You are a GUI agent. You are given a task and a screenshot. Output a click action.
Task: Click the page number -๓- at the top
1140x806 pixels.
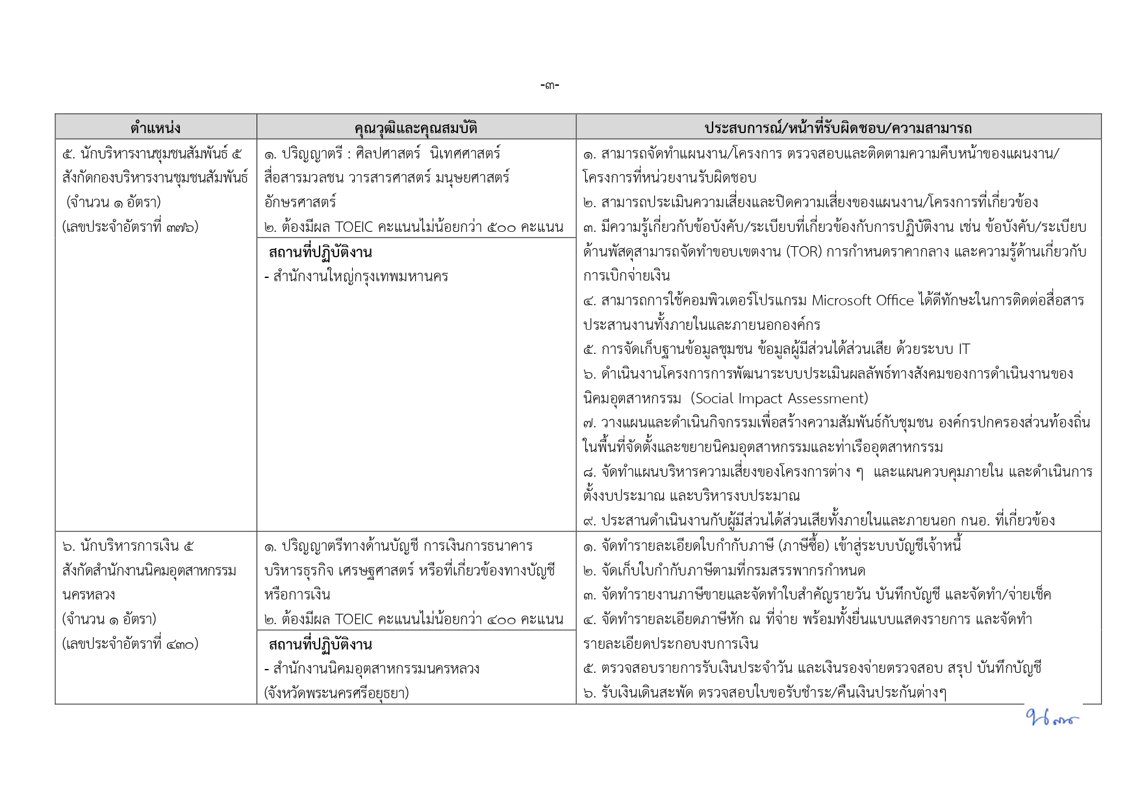pos(550,85)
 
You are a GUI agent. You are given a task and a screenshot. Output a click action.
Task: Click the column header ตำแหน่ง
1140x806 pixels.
pos(155,127)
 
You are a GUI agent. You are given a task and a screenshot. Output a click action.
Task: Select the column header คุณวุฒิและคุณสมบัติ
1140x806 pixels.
pos(416,127)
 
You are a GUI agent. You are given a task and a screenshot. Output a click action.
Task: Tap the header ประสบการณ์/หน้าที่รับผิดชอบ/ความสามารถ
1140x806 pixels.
pos(838,127)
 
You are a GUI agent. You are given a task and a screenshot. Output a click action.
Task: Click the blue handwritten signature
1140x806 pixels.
pos(1051,718)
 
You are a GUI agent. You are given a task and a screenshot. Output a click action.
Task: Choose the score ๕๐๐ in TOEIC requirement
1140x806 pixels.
pos(501,227)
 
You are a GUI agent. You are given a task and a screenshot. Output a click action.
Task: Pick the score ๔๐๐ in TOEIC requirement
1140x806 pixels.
pos(501,619)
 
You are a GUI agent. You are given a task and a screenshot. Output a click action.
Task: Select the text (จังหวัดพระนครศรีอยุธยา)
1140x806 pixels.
pos(336,692)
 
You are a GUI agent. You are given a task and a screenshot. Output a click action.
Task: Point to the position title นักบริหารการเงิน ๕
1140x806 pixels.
pos(128,546)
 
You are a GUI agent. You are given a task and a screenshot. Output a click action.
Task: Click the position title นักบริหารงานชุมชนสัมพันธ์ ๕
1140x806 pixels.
pos(152,154)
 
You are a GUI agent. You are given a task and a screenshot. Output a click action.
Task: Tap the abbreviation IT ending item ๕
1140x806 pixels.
pos(963,349)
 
